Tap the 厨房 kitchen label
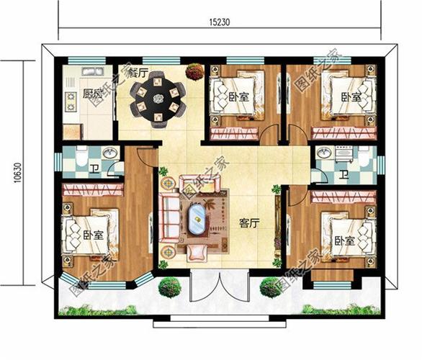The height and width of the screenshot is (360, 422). [x=91, y=94]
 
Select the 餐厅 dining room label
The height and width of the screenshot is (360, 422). [x=138, y=73]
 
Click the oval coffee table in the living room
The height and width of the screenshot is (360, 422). [x=196, y=219]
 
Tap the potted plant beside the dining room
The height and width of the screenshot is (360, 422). [x=194, y=71]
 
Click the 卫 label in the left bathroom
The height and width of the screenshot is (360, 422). [x=95, y=170]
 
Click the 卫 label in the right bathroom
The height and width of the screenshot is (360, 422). [x=344, y=175]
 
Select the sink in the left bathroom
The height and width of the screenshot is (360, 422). [x=109, y=153]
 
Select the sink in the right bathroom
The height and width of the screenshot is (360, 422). [x=324, y=153]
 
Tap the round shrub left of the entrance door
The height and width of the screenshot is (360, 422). [x=169, y=287]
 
